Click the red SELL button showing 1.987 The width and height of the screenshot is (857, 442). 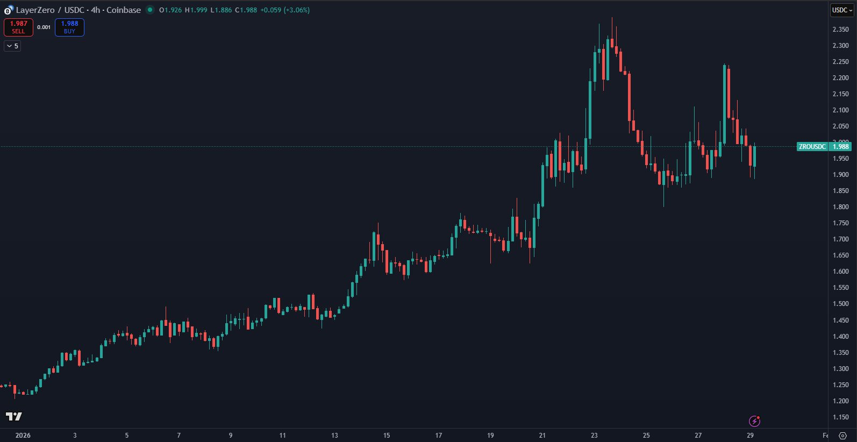coord(18,27)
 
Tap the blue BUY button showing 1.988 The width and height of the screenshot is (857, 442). coord(69,27)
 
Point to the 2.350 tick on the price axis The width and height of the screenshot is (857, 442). coord(840,30)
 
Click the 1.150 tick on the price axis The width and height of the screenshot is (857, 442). coord(840,417)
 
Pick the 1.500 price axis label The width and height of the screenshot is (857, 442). coord(840,304)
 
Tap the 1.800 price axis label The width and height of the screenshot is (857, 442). coord(840,207)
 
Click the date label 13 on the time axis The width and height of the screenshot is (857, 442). coord(334,436)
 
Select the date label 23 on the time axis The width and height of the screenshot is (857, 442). coord(594,436)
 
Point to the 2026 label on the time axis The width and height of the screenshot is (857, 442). coord(23,436)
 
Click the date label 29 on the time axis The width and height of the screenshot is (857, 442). coord(750,436)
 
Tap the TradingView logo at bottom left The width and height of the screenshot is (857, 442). coord(14,416)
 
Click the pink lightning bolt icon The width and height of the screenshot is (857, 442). coord(754,421)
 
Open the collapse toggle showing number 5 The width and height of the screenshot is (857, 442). coord(12,46)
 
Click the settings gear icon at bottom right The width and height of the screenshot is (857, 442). coord(842,436)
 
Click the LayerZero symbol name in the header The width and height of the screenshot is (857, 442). coord(35,10)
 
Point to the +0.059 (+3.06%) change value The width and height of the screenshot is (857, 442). coord(285,10)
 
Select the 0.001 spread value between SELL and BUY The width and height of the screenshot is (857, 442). coord(44,27)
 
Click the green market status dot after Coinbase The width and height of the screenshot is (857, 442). coord(150,10)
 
